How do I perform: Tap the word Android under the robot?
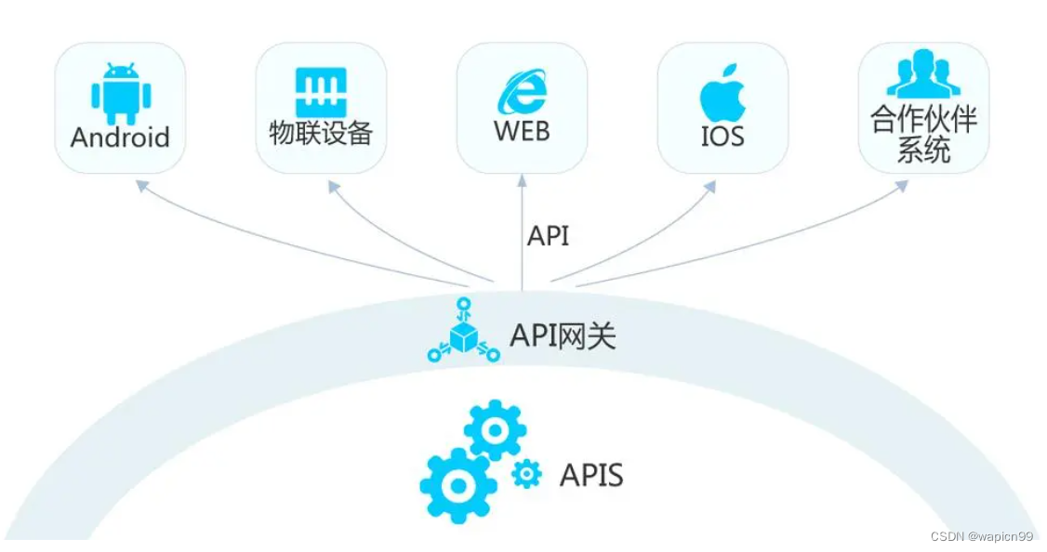(120, 138)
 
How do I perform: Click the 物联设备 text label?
(321, 134)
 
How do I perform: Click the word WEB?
(522, 130)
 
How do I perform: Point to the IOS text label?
(722, 136)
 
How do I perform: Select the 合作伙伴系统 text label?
(923, 136)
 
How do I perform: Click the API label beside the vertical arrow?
(548, 236)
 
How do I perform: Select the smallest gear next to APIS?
(526, 474)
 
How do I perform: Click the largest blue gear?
(457, 485)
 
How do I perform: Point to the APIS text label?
(591, 476)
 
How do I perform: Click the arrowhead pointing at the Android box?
(140, 185)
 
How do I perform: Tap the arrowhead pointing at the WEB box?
(522, 182)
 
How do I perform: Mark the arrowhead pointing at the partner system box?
(902, 185)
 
